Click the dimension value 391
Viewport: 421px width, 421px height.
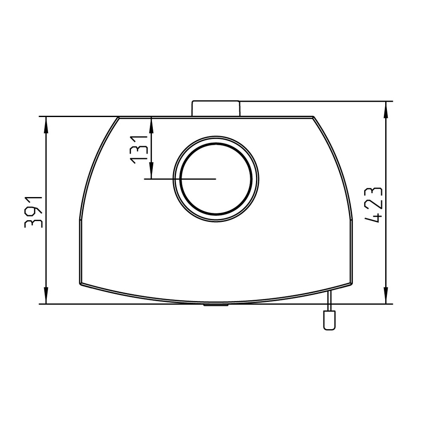(33, 212)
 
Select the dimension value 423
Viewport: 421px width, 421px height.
(373, 205)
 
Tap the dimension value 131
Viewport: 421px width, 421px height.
(139, 149)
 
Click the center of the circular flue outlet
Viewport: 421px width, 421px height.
(216, 179)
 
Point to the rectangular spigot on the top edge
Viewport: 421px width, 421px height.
(216, 108)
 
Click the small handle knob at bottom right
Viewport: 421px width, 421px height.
(330, 320)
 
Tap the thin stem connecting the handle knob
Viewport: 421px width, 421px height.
(329, 301)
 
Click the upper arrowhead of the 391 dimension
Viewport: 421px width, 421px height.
(46, 125)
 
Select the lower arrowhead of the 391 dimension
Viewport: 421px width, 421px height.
(46, 296)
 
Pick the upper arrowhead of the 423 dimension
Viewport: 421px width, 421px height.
(386, 110)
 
